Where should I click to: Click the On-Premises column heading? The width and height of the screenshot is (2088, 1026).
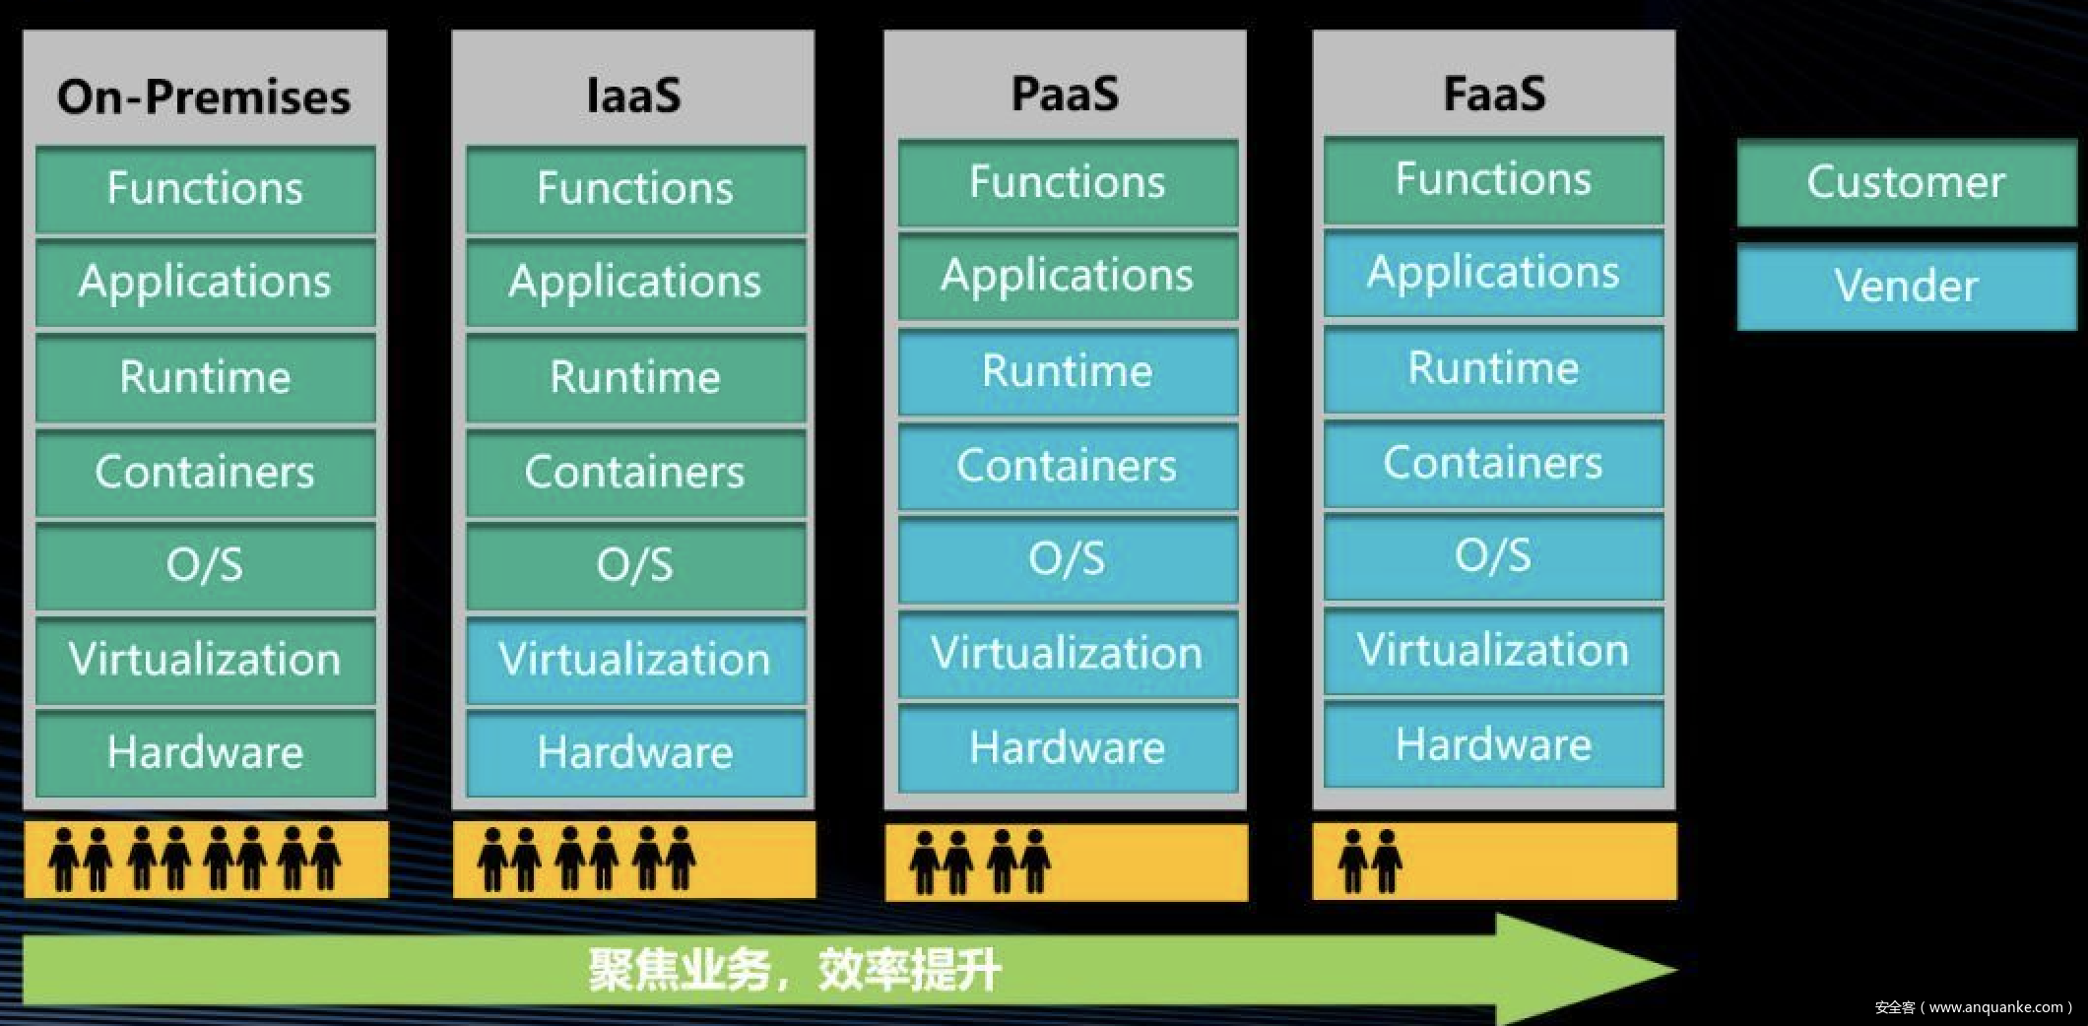204,96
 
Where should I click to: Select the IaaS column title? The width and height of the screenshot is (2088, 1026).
633,96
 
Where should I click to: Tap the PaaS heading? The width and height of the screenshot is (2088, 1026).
1065,94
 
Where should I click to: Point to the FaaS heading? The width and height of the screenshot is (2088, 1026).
1494,94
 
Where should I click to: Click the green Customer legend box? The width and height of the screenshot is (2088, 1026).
1906,182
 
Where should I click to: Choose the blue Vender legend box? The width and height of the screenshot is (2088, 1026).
1906,286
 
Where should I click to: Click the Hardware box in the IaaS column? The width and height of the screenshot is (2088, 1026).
635,752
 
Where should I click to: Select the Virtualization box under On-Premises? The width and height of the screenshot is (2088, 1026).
205,659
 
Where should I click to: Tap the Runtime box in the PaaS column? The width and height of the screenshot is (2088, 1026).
1067,371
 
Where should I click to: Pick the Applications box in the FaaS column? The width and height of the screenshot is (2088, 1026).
1493,272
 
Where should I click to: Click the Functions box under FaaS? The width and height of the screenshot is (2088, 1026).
1493,179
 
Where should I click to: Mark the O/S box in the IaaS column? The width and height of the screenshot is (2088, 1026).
635,565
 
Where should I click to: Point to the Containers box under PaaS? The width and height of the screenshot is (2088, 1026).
1067,465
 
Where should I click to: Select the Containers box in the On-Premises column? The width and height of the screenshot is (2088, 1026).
205,471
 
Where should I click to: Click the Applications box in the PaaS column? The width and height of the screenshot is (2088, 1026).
1067,275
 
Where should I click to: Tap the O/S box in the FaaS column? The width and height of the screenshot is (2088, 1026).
1493,556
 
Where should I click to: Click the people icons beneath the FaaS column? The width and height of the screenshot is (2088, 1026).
1369,861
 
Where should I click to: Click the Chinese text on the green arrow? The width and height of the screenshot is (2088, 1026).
794,971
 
